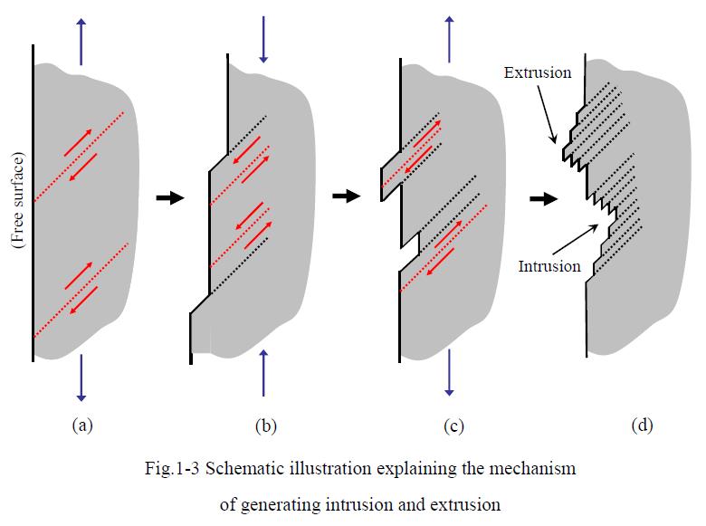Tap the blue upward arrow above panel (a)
[x=81, y=40]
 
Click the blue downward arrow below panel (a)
[x=81, y=378]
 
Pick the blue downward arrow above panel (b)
[x=263, y=40]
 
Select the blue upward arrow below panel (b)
[x=263, y=373]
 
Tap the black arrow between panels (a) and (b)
[x=169, y=197]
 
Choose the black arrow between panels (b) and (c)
[x=347, y=196]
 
